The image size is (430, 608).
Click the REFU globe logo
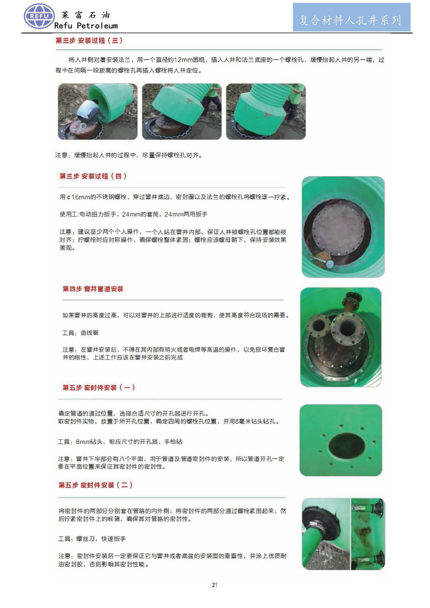point(39,16)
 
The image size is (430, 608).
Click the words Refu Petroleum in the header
point(86,26)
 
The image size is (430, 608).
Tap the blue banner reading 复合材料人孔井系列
point(351,17)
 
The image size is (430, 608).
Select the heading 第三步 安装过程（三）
point(89,41)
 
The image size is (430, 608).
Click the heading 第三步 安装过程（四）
point(93,176)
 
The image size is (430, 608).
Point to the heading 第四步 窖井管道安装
point(93,289)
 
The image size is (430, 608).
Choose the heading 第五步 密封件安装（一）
point(99,388)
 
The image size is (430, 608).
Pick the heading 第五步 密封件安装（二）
point(95,485)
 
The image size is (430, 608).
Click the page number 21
point(215,585)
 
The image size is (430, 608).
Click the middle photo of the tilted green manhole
point(182,111)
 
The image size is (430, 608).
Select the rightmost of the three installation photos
point(266,111)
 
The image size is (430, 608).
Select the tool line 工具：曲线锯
point(81,333)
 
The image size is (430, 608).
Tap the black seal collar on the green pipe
point(319,523)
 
